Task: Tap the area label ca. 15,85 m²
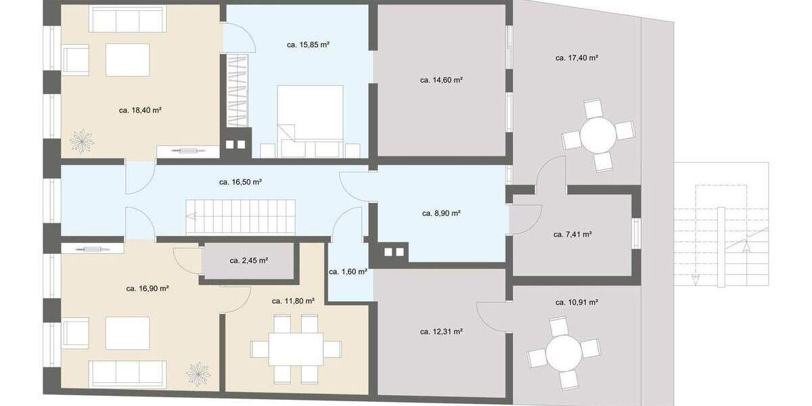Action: coord(308,45)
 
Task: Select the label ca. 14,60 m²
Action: coord(441,80)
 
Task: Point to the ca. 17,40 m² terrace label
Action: coord(576,58)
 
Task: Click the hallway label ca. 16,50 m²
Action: coord(240,182)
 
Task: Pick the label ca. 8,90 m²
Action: coord(441,213)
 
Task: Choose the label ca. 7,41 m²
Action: coord(572,235)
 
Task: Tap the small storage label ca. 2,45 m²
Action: coord(249,260)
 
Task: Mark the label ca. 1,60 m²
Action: coord(348,271)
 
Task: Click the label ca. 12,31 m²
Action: coord(441,332)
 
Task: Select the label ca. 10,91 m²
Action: coord(576,302)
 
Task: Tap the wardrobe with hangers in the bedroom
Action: coord(238,91)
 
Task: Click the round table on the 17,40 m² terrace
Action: coord(598,135)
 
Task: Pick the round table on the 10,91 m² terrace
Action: coord(564,355)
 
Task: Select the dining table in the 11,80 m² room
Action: coord(296,349)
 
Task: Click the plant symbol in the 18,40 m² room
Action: coord(82,141)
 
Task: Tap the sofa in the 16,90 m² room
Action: coord(129,373)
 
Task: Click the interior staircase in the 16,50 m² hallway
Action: coord(242,217)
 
